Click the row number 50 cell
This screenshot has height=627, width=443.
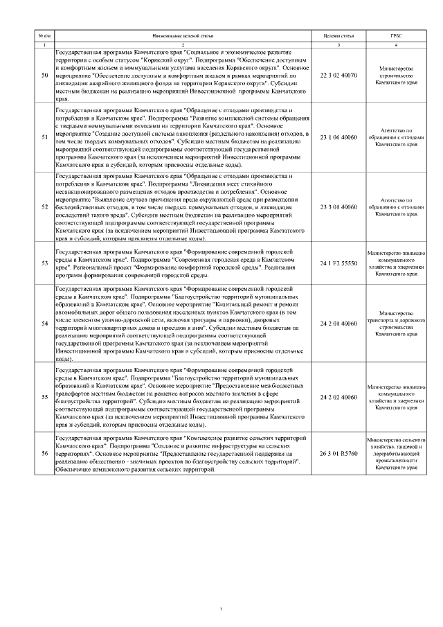point(45,75)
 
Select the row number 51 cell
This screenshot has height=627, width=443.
point(45,137)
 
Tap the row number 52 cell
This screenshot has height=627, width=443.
point(45,206)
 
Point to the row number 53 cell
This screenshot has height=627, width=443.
point(45,263)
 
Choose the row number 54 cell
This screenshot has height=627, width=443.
point(45,323)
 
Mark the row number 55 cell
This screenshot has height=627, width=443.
point(45,397)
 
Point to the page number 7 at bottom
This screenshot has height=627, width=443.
point(221,589)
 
